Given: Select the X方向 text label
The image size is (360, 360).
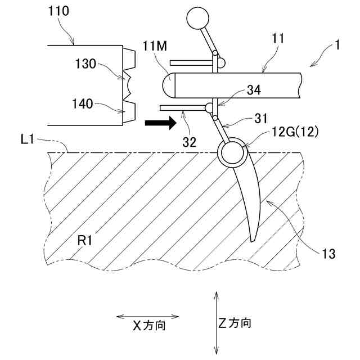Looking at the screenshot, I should tap(148, 325).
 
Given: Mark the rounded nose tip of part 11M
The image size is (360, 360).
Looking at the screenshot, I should tap(166, 85).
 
